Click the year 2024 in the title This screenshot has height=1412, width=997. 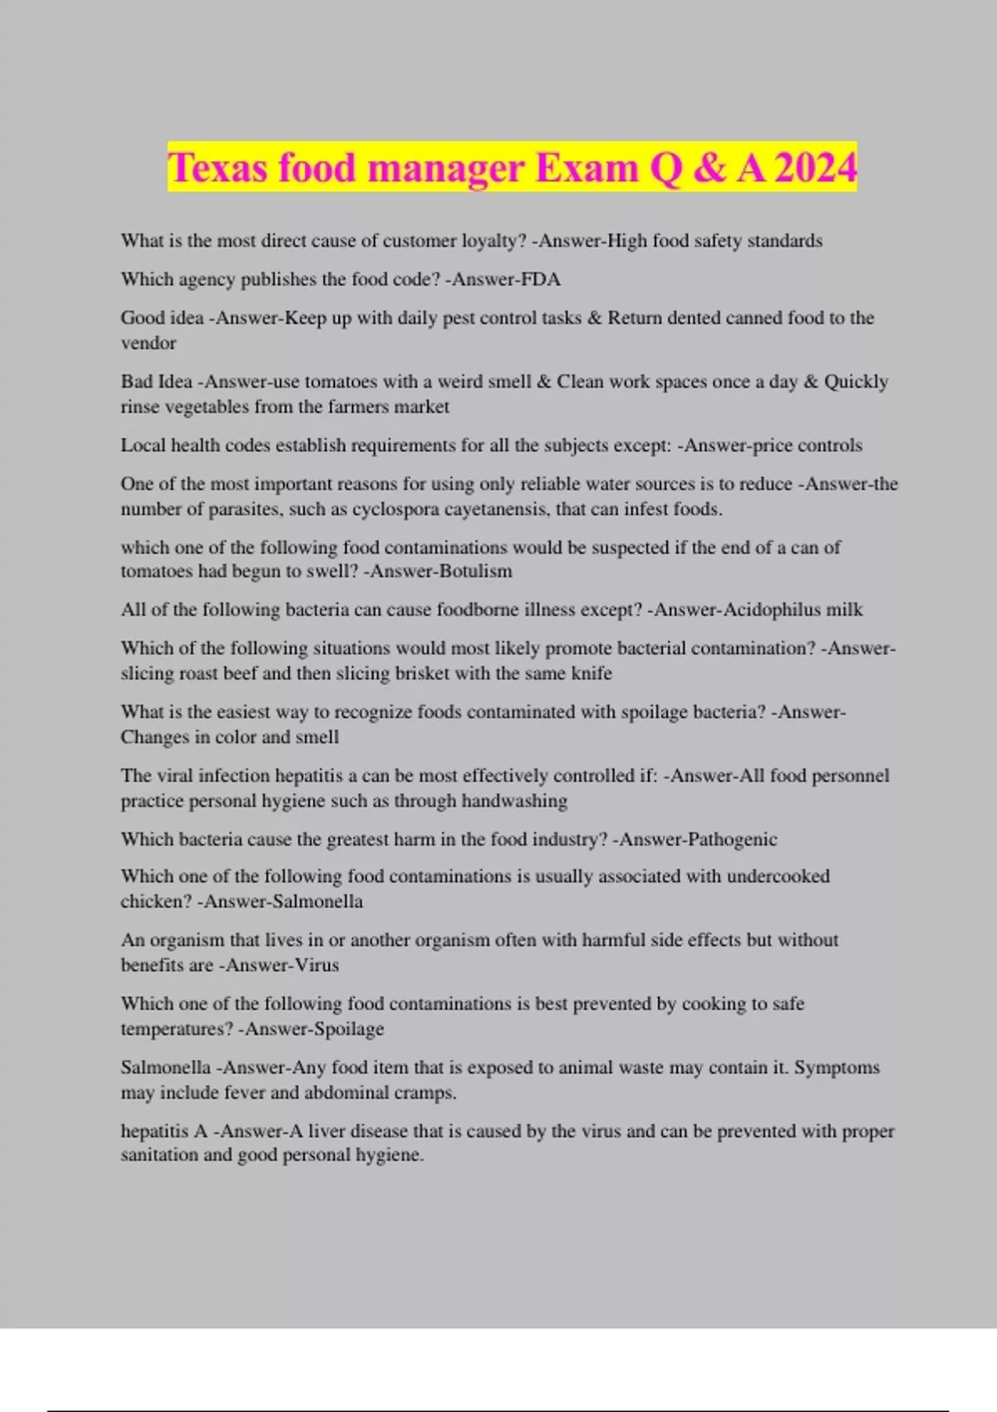tap(815, 168)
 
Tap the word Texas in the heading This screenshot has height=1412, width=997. tap(218, 168)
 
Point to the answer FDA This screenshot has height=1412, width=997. tap(540, 280)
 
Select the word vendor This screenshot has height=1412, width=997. tap(149, 343)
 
